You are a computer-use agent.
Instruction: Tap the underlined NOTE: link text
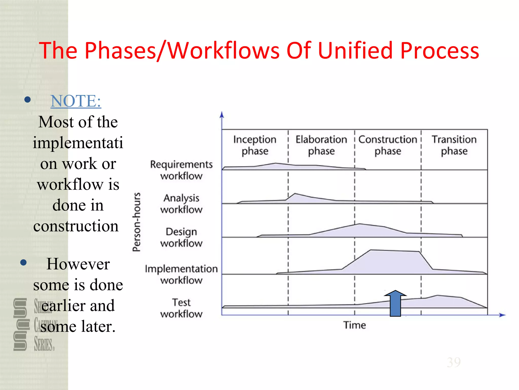pos(76,101)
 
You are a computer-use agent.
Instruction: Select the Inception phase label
pos(255,145)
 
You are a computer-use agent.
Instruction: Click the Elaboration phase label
pos(321,145)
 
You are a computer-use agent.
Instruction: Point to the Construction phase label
pos(388,145)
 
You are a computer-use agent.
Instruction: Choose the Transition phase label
pos(454,145)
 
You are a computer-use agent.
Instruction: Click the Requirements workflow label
pos(181,170)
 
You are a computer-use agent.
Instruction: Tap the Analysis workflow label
pos(181,204)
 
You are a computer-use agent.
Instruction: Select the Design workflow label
pos(181,237)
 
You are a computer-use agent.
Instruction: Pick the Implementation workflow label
pos(181,274)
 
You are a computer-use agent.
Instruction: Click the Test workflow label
pos(181,308)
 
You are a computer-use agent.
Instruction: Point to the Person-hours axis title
pos(137,222)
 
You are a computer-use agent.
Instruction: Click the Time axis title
pos(355,325)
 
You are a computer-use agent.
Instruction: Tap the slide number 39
pos(454,362)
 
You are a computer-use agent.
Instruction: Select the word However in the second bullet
pos(78,264)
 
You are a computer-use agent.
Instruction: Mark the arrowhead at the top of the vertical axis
pos(222,115)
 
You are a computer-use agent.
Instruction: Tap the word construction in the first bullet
pos(76,226)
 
